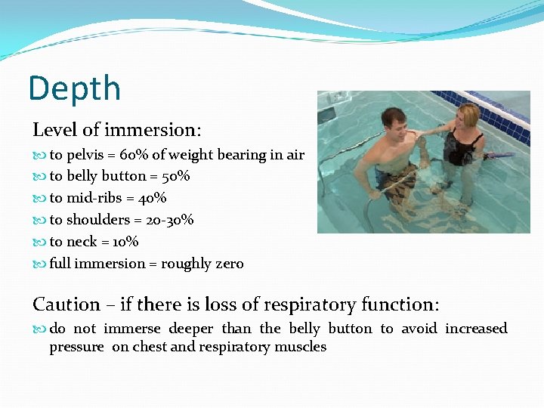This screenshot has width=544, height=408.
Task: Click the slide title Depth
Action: click(74, 88)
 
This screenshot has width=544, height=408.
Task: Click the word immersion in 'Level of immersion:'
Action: click(159, 130)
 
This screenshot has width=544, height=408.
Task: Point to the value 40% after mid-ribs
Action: click(151, 198)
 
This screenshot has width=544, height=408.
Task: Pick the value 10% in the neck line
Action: click(124, 242)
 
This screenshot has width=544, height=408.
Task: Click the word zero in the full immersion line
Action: click(227, 264)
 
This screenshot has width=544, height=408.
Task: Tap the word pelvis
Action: click(87, 155)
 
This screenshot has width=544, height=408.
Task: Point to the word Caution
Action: click(66, 304)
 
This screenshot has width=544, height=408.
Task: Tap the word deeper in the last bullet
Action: click(192, 329)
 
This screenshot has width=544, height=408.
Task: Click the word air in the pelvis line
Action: click(293, 155)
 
